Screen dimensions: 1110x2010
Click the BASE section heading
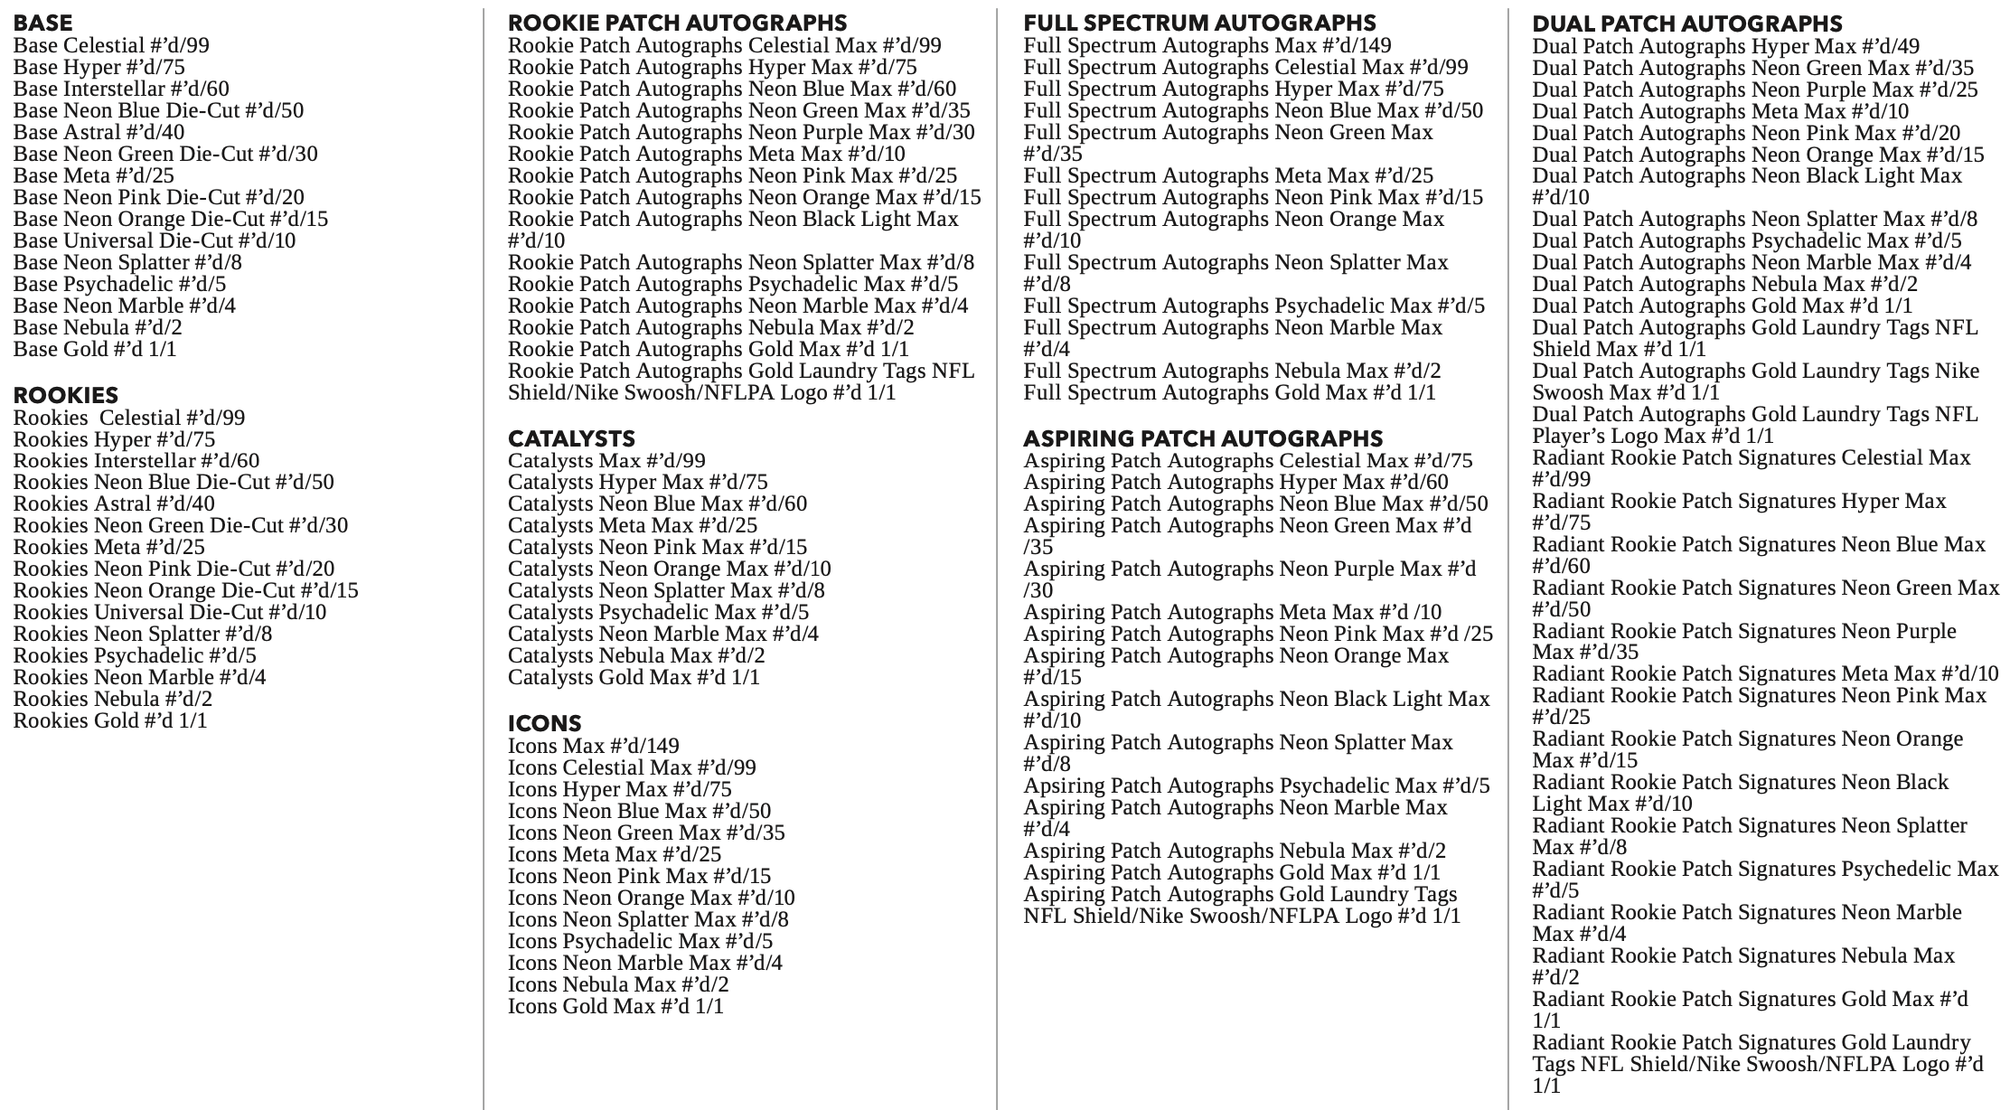(x=42, y=23)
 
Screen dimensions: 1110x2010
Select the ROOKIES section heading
(x=66, y=395)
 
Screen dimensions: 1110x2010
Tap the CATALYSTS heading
(x=571, y=438)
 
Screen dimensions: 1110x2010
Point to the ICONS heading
(x=544, y=723)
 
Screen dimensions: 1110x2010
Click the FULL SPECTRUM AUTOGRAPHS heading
(x=1199, y=23)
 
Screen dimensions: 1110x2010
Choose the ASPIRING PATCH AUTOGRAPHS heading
(x=1203, y=438)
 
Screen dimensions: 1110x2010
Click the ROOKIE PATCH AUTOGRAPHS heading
(x=677, y=23)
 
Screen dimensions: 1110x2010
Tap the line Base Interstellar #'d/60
(x=121, y=89)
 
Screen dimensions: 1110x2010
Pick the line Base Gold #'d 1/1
(x=95, y=349)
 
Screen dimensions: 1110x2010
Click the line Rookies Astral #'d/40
(x=114, y=503)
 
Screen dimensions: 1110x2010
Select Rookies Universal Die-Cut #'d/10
(x=170, y=612)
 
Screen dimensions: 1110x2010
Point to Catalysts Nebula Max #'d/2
(x=636, y=655)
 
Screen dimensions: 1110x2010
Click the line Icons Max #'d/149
(x=593, y=746)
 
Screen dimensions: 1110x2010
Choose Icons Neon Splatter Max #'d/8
(x=648, y=919)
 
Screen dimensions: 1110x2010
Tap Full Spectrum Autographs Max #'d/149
(x=1207, y=45)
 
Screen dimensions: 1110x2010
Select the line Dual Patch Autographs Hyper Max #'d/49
(x=1725, y=46)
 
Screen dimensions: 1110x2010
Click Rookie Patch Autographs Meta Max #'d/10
(x=706, y=154)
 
